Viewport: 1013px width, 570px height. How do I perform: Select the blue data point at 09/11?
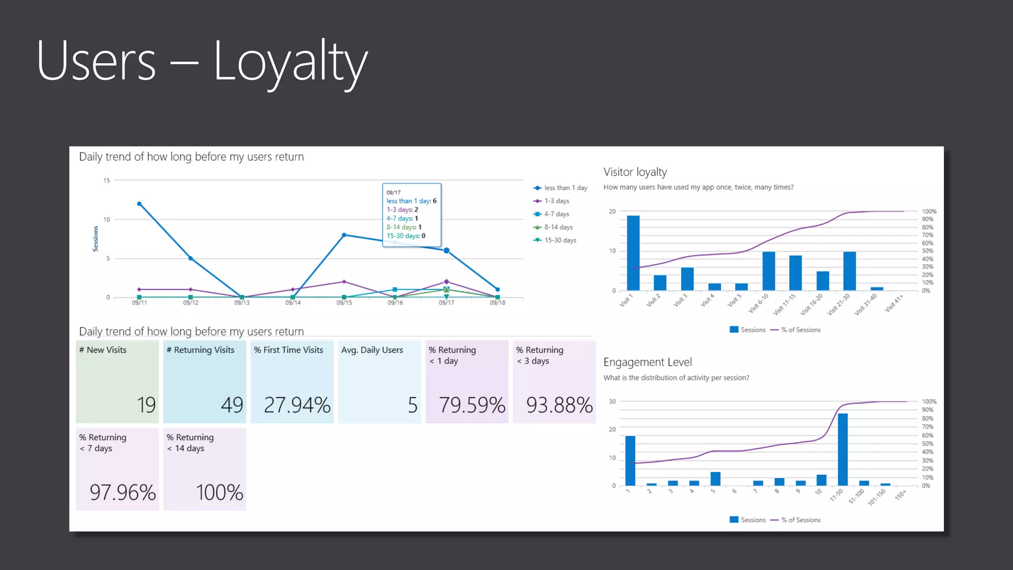139,204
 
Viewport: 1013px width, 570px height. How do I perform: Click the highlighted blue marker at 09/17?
447,251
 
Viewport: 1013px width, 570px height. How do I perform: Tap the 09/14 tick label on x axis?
293,303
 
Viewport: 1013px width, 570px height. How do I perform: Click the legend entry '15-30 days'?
560,240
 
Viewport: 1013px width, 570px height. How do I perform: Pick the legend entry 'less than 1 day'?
565,188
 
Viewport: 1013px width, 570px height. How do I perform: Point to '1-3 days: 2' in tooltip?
402,210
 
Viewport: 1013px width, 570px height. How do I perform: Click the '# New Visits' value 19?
146,405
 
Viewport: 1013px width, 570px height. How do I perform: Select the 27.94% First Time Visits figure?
297,405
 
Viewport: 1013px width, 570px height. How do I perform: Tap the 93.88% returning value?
559,405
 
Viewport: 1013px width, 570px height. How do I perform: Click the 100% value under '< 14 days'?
219,493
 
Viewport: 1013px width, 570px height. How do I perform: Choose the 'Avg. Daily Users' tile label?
372,350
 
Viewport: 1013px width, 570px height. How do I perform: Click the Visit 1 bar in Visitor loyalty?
633,253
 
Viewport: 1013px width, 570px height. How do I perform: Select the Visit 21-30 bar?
849,271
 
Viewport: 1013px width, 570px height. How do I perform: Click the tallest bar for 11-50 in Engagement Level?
843,449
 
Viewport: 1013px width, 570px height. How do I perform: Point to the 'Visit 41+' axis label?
894,303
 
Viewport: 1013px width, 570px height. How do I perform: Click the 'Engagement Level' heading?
647,362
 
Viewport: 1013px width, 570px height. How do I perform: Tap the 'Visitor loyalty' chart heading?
635,172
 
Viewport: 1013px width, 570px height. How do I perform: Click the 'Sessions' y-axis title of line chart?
95,238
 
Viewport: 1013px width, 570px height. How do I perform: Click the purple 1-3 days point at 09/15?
344,282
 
